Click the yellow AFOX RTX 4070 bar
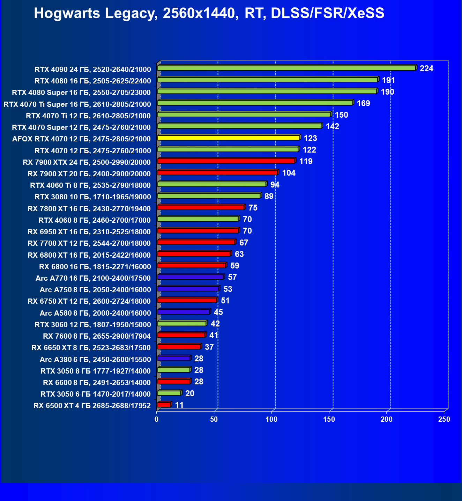pyautogui.click(x=229, y=138)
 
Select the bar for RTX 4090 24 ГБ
pyautogui.click(x=286, y=68)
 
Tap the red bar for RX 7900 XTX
pyautogui.click(x=226, y=161)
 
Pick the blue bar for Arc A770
pyautogui.click(x=190, y=277)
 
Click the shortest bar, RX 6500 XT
pyautogui.click(x=164, y=405)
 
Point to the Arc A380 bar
pyautogui.click(x=173, y=358)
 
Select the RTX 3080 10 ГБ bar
pyautogui.click(x=209, y=196)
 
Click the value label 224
pyautogui.click(x=426, y=68)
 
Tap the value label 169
pyautogui.click(x=363, y=103)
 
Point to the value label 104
pyautogui.click(x=289, y=173)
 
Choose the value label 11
pyautogui.click(x=179, y=405)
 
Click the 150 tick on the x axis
pyautogui.click(x=329, y=419)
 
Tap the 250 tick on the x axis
pyautogui.click(x=444, y=419)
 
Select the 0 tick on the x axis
pyautogui.click(x=157, y=419)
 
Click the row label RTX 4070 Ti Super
pyautogui.click(x=77, y=104)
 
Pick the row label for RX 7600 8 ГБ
pyautogui.click(x=97, y=336)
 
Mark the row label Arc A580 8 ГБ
pyautogui.click(x=95, y=313)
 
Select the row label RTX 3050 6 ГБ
pyautogui.click(x=96, y=394)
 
